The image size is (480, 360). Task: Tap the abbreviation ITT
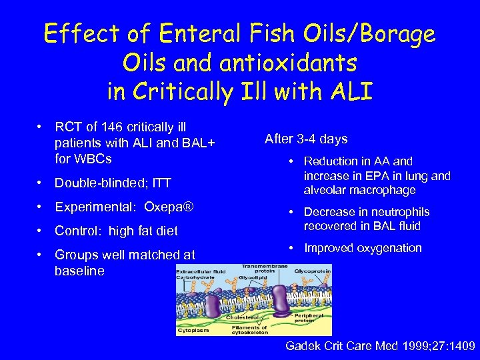161,183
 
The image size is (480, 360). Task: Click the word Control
75,231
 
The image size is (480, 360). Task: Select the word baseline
80,271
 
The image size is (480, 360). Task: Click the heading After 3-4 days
306,139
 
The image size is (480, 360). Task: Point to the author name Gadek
303,346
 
